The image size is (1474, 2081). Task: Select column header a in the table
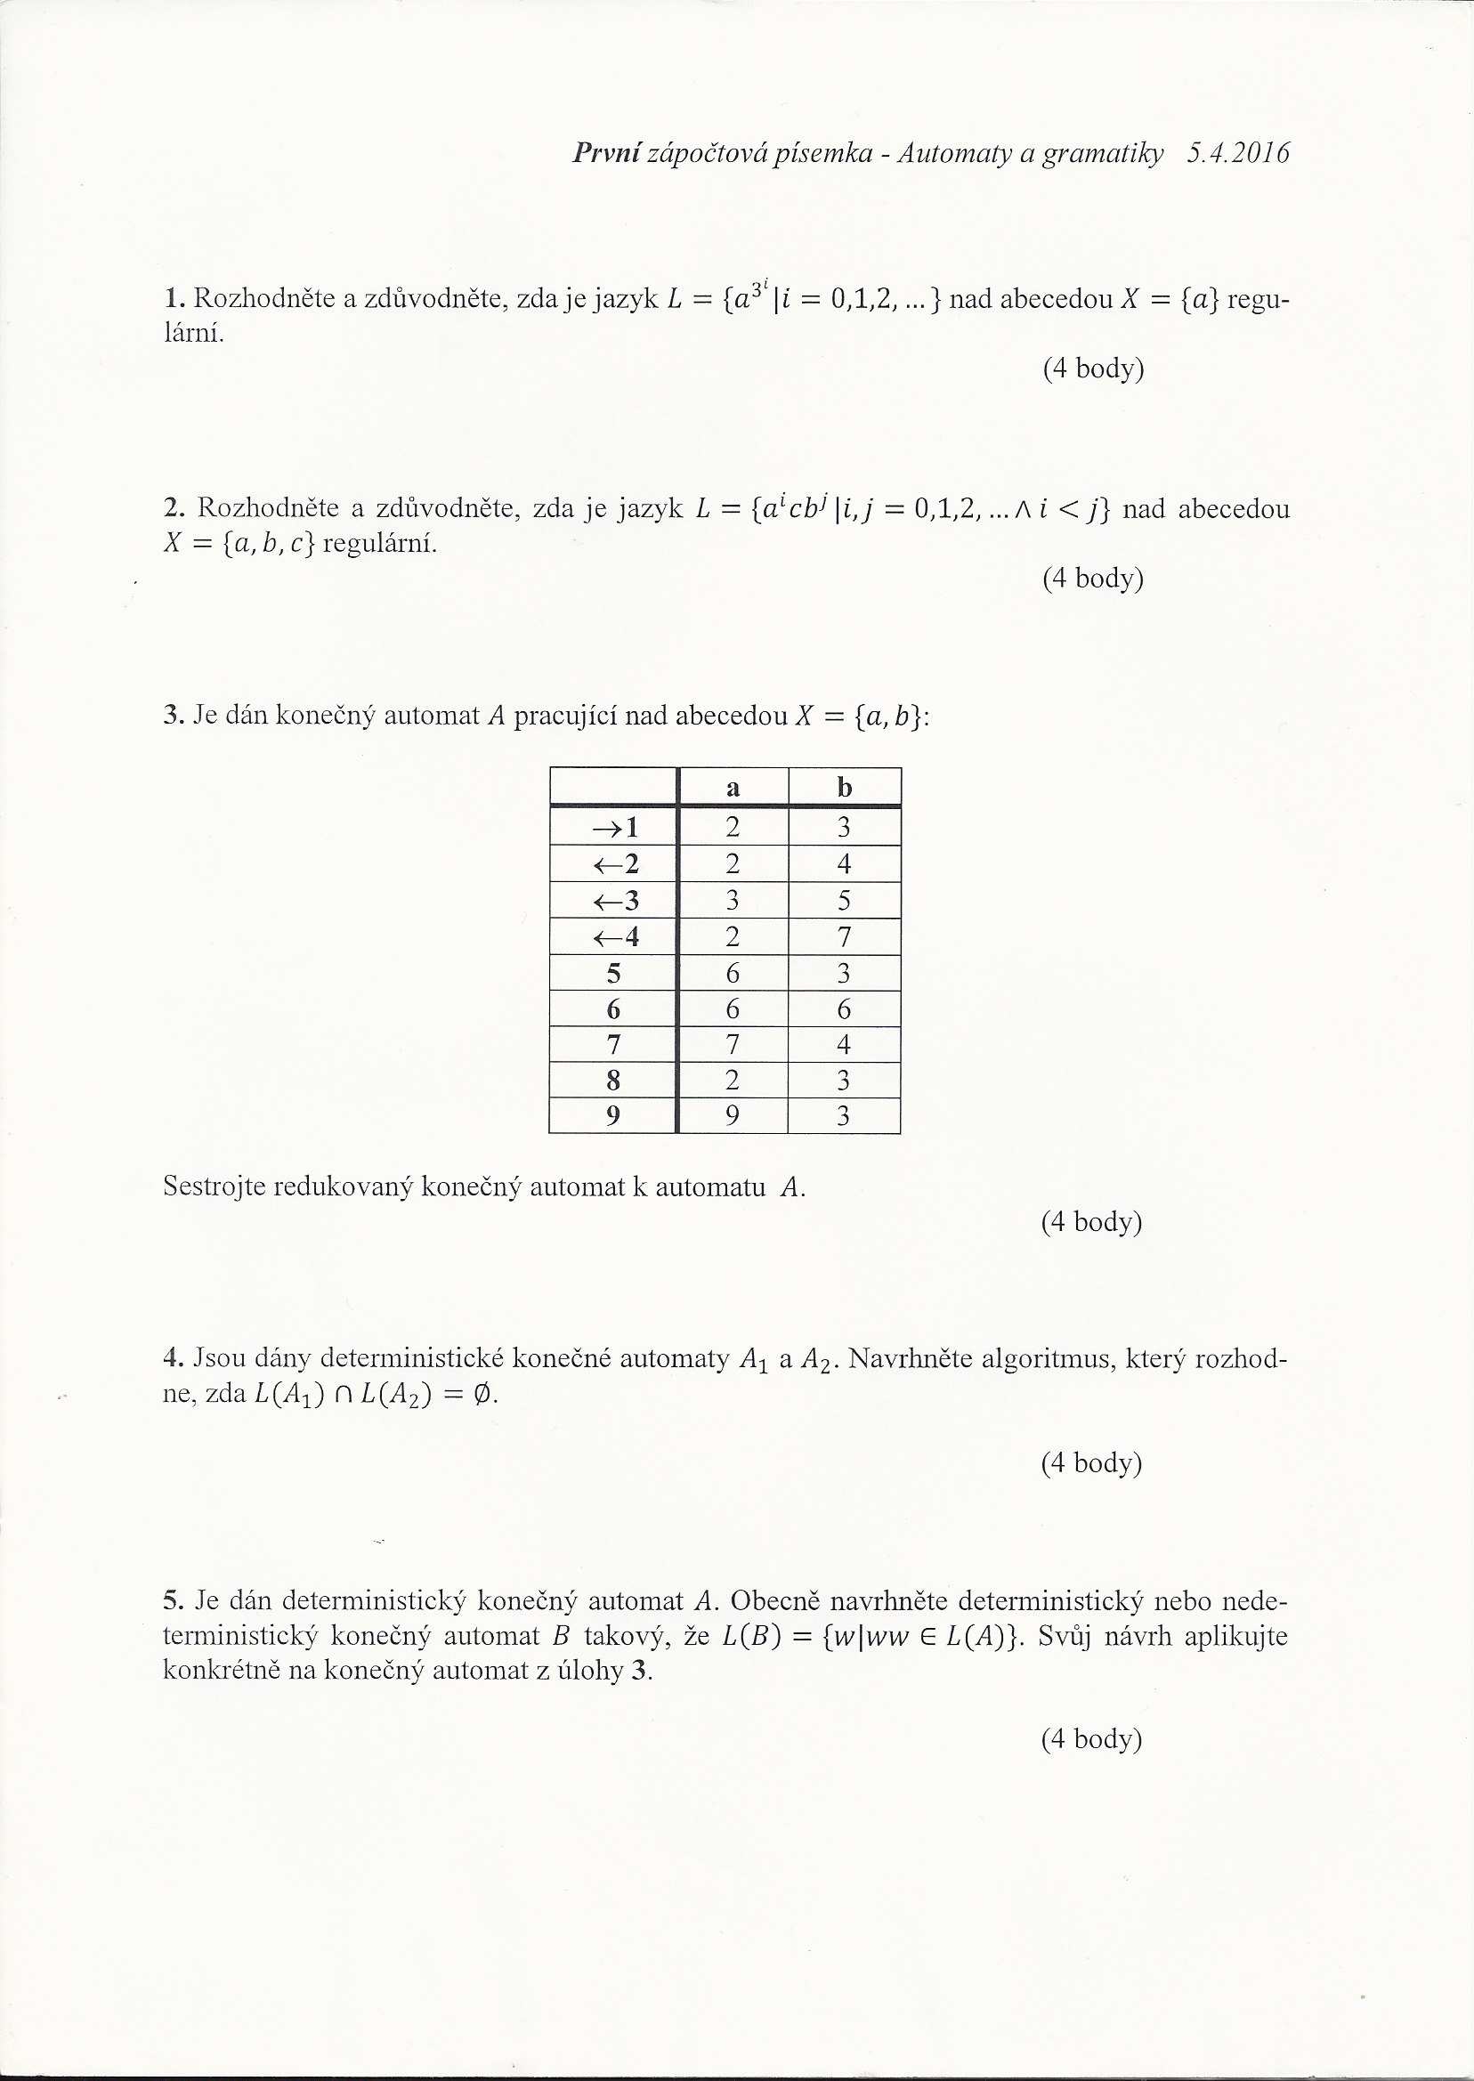tap(733, 788)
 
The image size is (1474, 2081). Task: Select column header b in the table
tap(844, 788)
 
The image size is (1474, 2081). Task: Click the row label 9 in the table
tap(613, 1115)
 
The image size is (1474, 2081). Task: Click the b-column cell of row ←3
tap(844, 900)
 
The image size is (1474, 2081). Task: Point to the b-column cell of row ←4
tap(844, 935)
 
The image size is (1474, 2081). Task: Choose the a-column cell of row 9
tap(733, 1115)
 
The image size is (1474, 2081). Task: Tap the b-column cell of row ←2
tap(844, 863)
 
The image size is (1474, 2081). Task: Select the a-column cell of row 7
tap(733, 1045)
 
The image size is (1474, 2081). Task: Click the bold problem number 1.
tap(174, 298)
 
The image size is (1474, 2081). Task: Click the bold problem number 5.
tap(174, 1600)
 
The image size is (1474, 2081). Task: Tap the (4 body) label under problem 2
tap(1092, 579)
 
